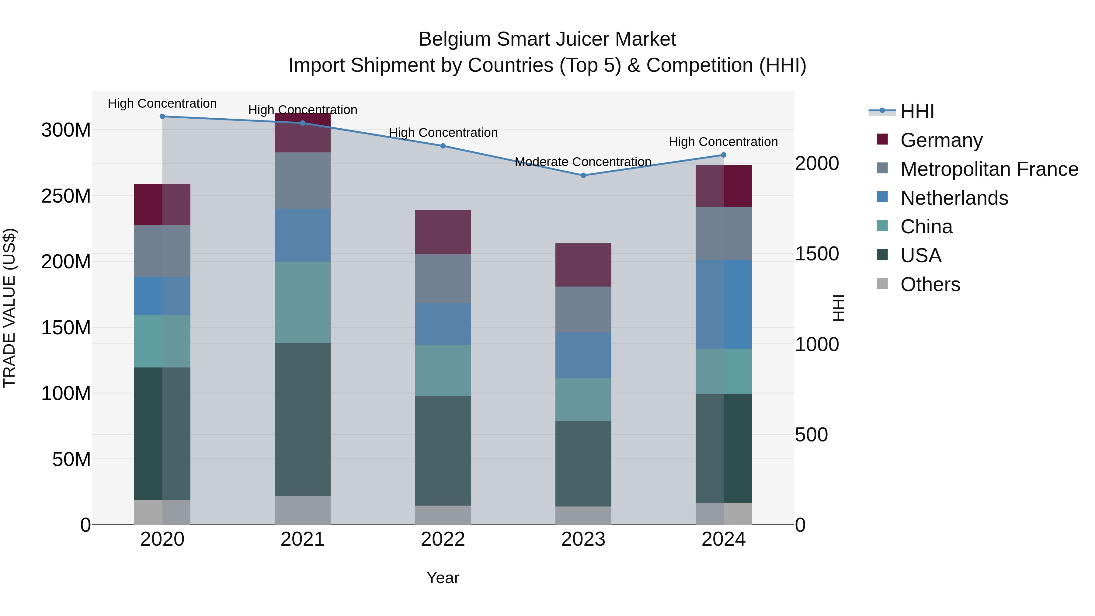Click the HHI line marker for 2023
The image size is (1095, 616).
[583, 175]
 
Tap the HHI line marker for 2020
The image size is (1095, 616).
[162, 116]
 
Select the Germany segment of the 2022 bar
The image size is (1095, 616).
[443, 232]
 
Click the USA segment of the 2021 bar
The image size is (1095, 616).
[302, 419]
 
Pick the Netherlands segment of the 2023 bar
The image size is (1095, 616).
[583, 355]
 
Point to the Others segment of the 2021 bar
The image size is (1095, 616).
[302, 510]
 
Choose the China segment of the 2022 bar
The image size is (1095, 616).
[443, 370]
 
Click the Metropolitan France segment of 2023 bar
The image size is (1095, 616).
[583, 309]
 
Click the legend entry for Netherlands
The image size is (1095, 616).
[954, 198]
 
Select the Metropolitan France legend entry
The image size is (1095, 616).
[989, 169]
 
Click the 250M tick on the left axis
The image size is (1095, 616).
[66, 196]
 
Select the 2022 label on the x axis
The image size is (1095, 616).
[443, 539]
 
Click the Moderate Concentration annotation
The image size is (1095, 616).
[583, 162]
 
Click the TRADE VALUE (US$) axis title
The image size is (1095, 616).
[9, 308]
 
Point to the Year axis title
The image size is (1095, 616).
[443, 578]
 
